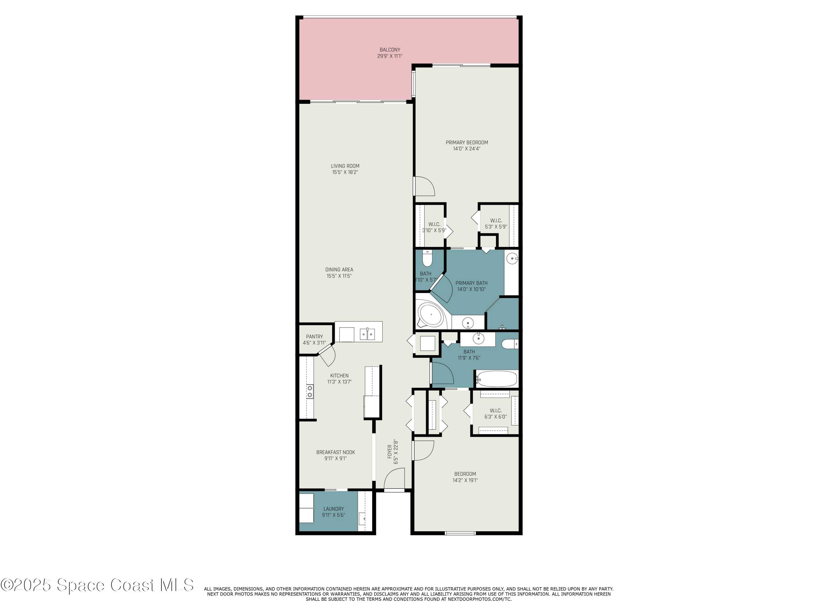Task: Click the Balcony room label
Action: [390, 53]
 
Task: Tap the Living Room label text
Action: [345, 169]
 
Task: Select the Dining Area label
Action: [339, 273]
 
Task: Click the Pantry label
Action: [314, 339]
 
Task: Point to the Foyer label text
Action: [392, 451]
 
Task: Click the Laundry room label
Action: [333, 512]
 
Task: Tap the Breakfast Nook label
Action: [335, 455]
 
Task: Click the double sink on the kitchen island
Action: [367, 334]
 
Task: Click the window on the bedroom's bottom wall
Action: [460, 533]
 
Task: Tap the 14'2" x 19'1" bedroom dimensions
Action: [465, 480]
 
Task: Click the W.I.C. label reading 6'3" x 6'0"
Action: [495, 414]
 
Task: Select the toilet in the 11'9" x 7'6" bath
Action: [510, 344]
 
